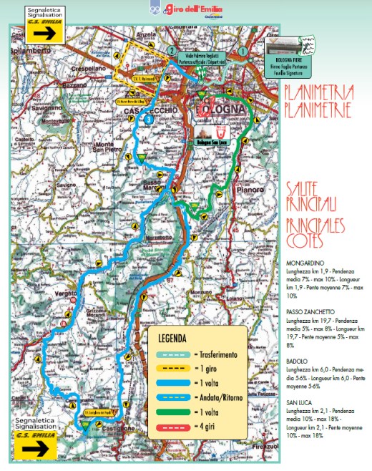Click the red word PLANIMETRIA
tap(315, 93)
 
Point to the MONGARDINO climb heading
tap(305, 263)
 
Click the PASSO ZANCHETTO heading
tap(310, 311)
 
